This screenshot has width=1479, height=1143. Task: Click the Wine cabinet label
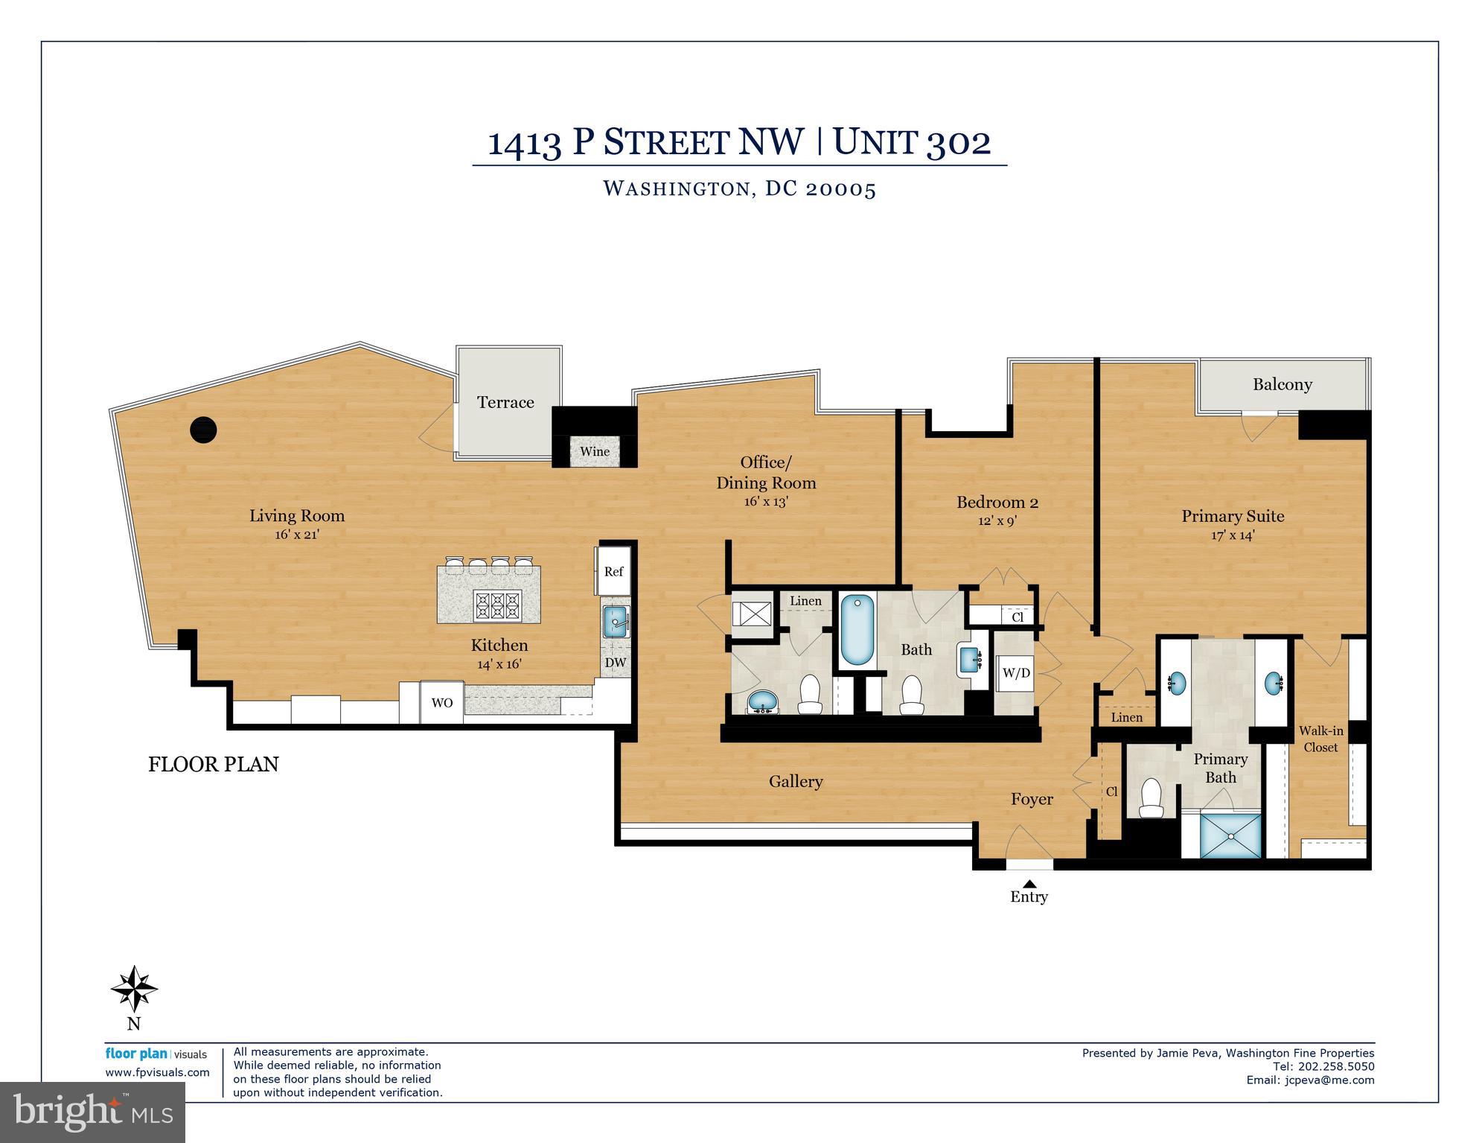coord(595,451)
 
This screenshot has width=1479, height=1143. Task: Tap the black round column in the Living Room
coord(203,430)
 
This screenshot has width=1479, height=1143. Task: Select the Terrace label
coord(505,402)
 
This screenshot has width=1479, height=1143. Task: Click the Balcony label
coord(1282,384)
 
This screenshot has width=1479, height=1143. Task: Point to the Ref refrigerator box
coord(613,571)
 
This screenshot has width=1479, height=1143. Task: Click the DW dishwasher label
coord(616,662)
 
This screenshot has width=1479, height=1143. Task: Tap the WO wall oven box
coord(442,702)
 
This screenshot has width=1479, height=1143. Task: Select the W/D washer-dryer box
coord(1016,673)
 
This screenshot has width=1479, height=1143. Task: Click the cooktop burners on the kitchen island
coord(498,604)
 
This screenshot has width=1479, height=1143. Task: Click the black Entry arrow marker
coord(1029,882)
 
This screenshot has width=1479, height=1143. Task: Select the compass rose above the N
coord(134,989)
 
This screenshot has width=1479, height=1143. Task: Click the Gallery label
coord(796,781)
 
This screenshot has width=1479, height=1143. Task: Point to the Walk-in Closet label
coord(1320,739)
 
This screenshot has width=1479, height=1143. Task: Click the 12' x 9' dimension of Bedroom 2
coord(997,520)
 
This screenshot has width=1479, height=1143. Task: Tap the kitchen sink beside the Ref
coord(616,622)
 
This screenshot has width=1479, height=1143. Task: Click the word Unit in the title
coord(876,141)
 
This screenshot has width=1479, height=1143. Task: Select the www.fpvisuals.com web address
coord(157,1072)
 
